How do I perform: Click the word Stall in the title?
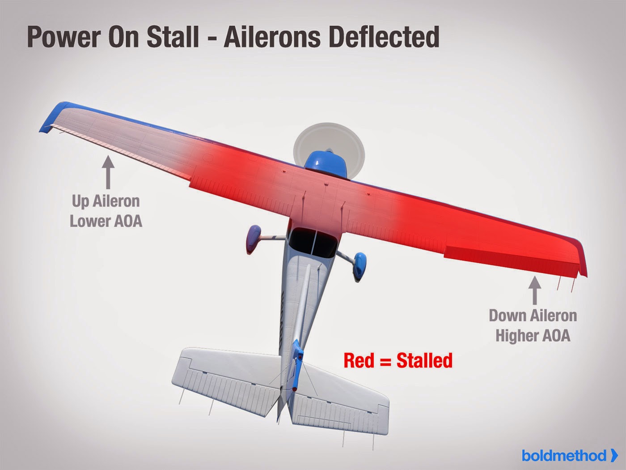[169, 37]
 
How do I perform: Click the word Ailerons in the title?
[272, 37]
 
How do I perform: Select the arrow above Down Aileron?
[535, 291]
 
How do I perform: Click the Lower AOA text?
[106, 221]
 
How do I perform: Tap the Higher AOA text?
[533, 335]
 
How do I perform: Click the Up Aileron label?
[106, 201]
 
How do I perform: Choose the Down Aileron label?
[533, 316]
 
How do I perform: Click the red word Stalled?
[424, 360]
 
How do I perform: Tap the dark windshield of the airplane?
[313, 242]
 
